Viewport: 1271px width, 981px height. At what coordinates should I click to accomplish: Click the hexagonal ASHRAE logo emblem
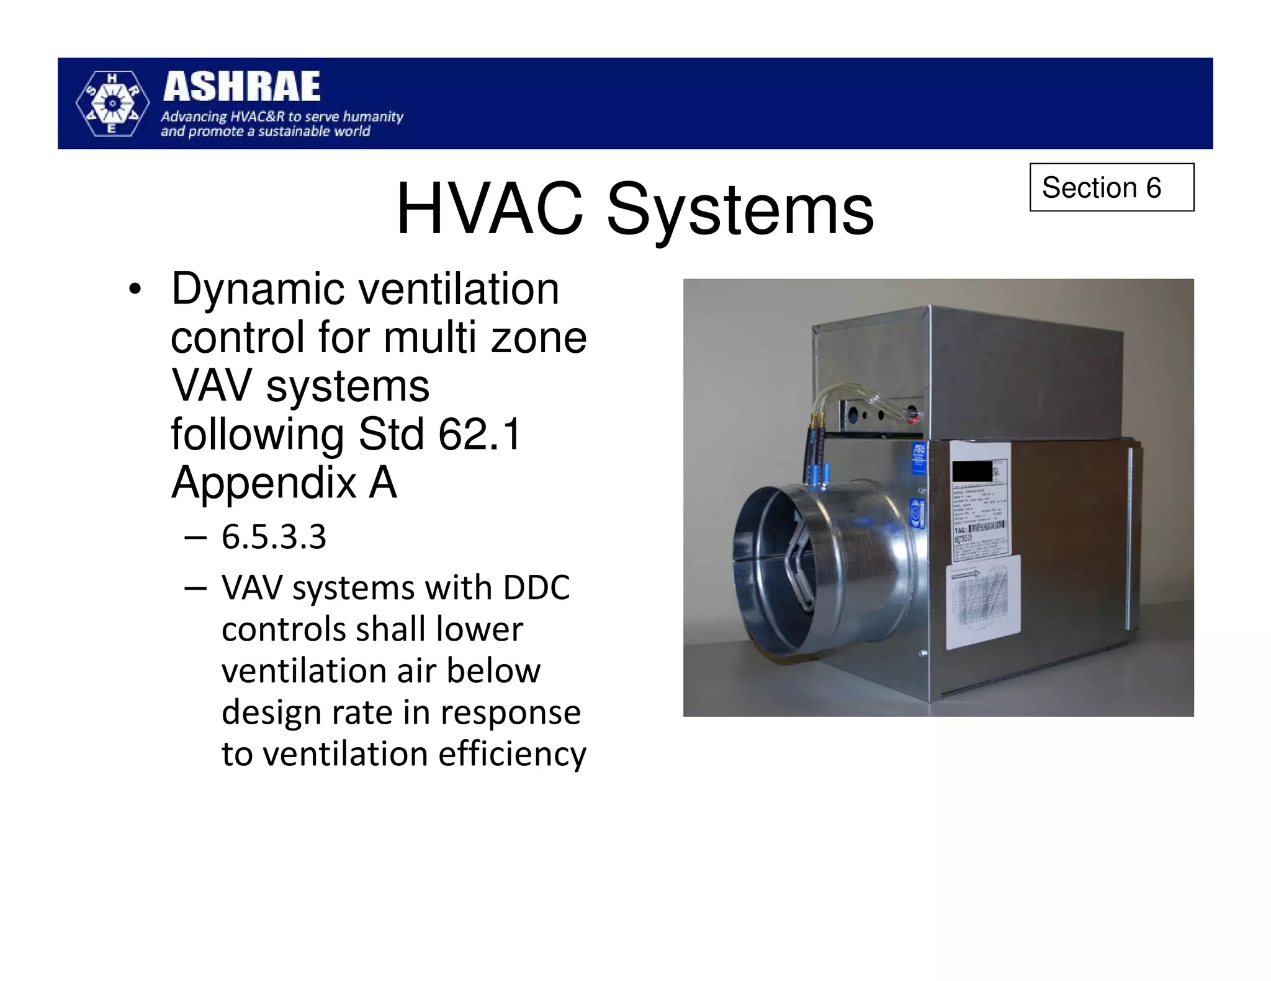pyautogui.click(x=112, y=103)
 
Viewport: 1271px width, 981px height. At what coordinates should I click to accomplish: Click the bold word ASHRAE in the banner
pyautogui.click(x=242, y=87)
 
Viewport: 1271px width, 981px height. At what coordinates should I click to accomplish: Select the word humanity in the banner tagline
pyautogui.click(x=373, y=117)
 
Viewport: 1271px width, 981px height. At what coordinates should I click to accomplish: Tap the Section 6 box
pyautogui.click(x=1111, y=187)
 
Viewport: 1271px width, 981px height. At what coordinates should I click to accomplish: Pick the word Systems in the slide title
pyautogui.click(x=740, y=211)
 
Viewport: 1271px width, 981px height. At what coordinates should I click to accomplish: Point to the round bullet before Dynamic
pyautogui.click(x=135, y=290)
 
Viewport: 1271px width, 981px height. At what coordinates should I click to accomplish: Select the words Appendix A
pyautogui.click(x=284, y=482)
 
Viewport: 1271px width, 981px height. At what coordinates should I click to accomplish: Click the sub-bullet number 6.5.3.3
pyautogui.click(x=274, y=537)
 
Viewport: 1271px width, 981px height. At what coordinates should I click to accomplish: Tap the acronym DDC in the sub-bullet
pyautogui.click(x=536, y=588)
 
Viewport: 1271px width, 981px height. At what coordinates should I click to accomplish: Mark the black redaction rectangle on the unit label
pyautogui.click(x=972, y=472)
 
